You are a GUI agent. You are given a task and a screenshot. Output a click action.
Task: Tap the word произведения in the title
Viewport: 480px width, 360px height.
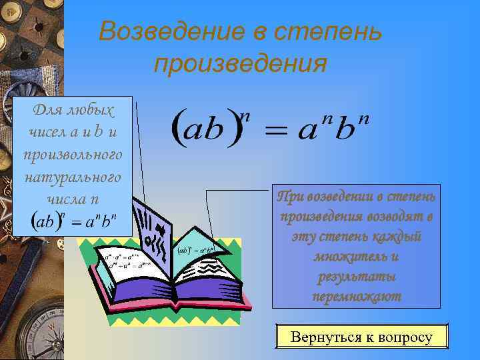[240, 64]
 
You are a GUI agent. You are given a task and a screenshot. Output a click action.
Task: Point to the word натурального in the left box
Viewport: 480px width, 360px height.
[73, 177]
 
